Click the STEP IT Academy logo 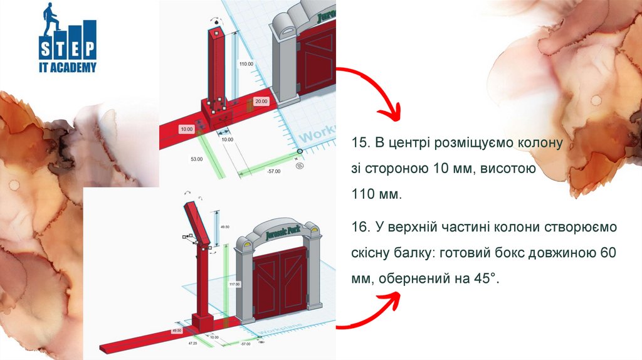[x=68, y=38]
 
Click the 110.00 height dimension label [x=246, y=64]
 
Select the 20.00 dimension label [x=261, y=101]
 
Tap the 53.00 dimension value [x=197, y=159]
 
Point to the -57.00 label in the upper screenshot [x=273, y=171]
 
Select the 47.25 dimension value [x=194, y=344]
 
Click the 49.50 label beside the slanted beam [x=224, y=227]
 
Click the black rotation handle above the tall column [x=217, y=23]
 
